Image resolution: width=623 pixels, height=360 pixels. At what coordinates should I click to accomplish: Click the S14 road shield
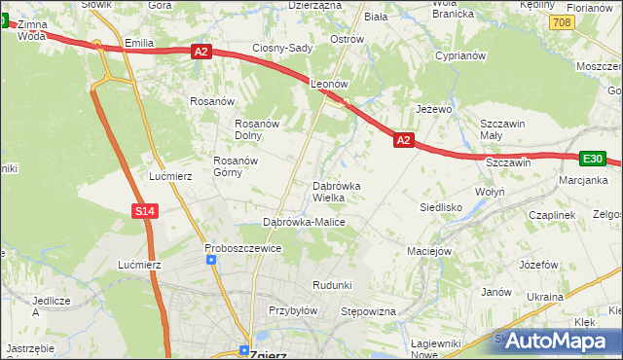pos(144,210)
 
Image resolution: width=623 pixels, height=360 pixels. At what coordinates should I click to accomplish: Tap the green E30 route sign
pos(593,158)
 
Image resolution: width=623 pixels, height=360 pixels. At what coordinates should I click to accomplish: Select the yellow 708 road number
pos(560,20)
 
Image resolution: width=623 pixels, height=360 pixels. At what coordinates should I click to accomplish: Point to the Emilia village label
pos(140,43)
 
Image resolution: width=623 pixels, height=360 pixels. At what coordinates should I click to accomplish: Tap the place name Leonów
pos(329,85)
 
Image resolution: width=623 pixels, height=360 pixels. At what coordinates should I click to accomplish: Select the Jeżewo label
pos(434,109)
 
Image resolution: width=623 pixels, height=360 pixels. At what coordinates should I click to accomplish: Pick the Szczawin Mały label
pos(504,129)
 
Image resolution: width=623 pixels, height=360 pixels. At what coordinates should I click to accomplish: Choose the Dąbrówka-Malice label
pos(305,222)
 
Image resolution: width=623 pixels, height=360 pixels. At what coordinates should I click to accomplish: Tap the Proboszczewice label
pos(243,248)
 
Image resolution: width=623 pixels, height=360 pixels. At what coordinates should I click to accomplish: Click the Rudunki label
pos(331,284)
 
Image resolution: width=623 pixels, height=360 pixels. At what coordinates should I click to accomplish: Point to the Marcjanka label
pos(583,180)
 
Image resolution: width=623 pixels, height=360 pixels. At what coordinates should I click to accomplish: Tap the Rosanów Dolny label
pos(258,129)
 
